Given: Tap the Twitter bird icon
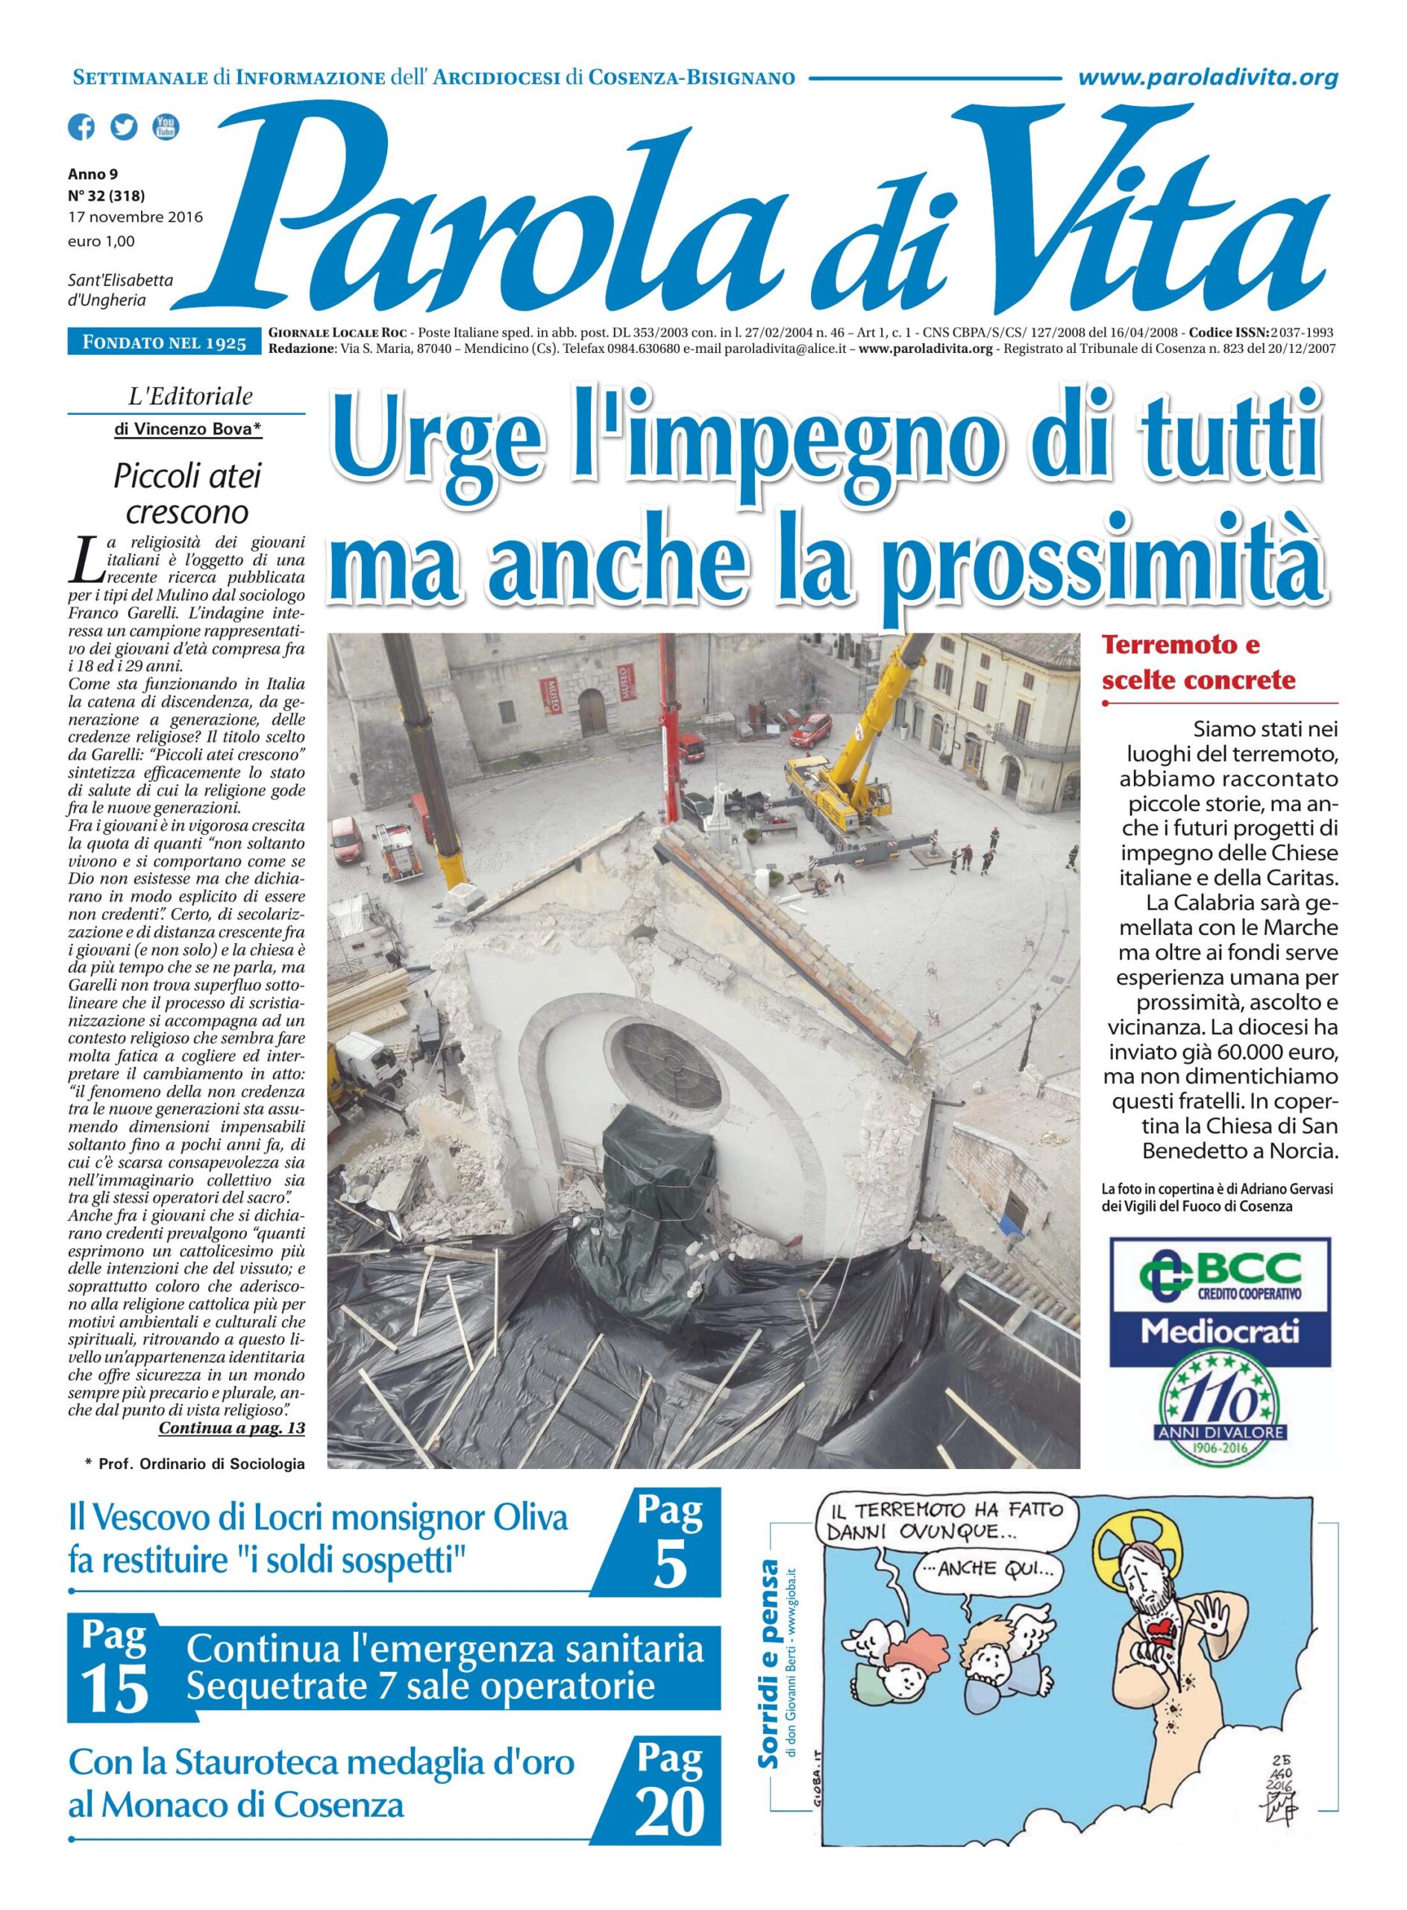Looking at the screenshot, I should (124, 127).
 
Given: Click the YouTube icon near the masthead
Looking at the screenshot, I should (166, 127).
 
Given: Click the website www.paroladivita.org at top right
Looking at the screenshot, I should (1208, 78).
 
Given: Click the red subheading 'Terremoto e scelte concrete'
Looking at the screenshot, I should (1198, 663).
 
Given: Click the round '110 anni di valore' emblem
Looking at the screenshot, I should (1220, 1415).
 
